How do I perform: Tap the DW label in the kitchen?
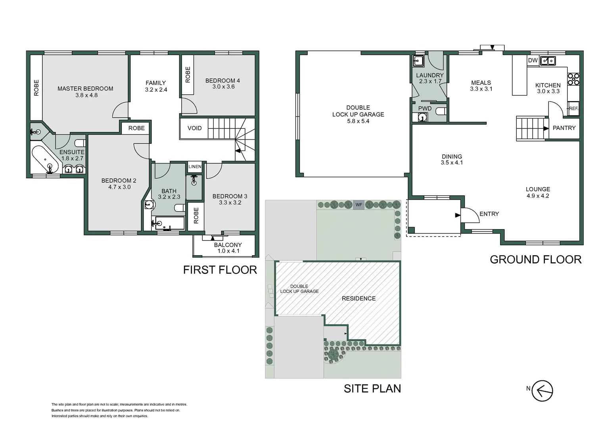click(533, 61)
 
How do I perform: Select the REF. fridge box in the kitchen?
click(573, 109)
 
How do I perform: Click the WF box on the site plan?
click(359, 204)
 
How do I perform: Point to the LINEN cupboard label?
click(195, 166)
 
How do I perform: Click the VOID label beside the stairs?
click(194, 128)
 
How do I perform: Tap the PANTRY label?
click(564, 128)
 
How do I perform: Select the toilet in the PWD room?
click(442, 111)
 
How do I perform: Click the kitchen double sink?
click(548, 61)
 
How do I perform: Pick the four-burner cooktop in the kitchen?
click(573, 79)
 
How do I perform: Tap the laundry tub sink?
click(418, 61)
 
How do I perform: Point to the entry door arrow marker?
click(458, 215)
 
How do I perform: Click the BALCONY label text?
click(228, 245)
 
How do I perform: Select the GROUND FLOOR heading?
click(536, 260)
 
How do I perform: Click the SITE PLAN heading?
click(372, 388)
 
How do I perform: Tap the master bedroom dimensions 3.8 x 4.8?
click(86, 95)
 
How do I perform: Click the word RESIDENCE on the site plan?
click(359, 298)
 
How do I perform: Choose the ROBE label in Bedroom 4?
click(188, 75)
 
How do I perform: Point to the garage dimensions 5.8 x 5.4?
click(358, 121)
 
